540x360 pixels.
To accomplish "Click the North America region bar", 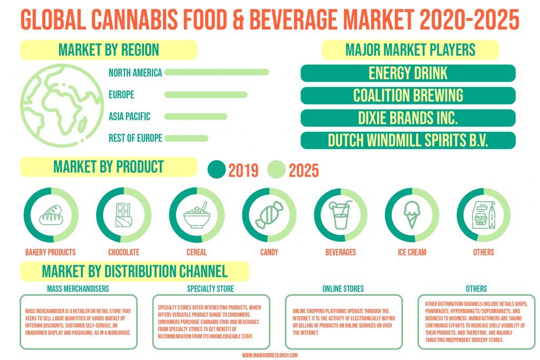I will (x=217, y=72).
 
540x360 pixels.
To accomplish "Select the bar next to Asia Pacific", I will (x=196, y=116).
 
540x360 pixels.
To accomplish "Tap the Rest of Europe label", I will (x=135, y=138).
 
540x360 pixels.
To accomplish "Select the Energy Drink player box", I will (x=408, y=73).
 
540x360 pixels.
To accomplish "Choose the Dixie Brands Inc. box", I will (x=408, y=118).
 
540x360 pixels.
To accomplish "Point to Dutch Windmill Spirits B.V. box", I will (x=408, y=140).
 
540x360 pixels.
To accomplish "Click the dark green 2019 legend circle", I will (x=216, y=170).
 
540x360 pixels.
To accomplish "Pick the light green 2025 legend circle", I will (x=276, y=170).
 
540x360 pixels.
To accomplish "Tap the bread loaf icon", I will (x=51, y=215).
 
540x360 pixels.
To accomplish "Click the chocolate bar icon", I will (x=123, y=215).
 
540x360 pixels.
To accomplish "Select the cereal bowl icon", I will (x=196, y=215).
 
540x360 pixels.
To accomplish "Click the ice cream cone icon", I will (x=412, y=215).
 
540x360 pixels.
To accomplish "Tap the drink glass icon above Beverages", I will (x=340, y=215).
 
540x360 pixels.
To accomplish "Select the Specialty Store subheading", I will (x=210, y=289).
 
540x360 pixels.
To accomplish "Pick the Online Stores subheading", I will (x=343, y=289).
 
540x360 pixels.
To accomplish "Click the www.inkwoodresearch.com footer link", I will (x=269, y=355).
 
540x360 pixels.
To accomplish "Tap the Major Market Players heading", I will (x=410, y=50).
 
